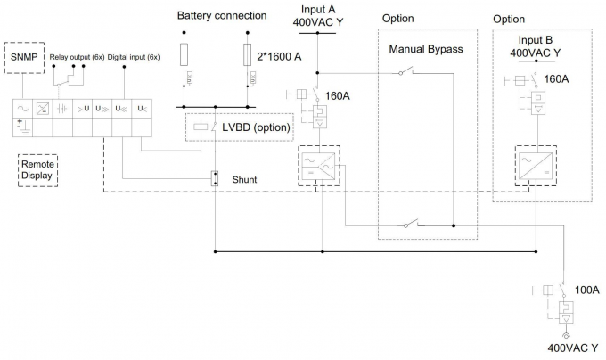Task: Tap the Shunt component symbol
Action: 215,178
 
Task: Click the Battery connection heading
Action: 221,16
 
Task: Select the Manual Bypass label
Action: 426,49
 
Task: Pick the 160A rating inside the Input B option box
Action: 556,79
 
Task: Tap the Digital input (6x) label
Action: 134,57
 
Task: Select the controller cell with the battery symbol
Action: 61,117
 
